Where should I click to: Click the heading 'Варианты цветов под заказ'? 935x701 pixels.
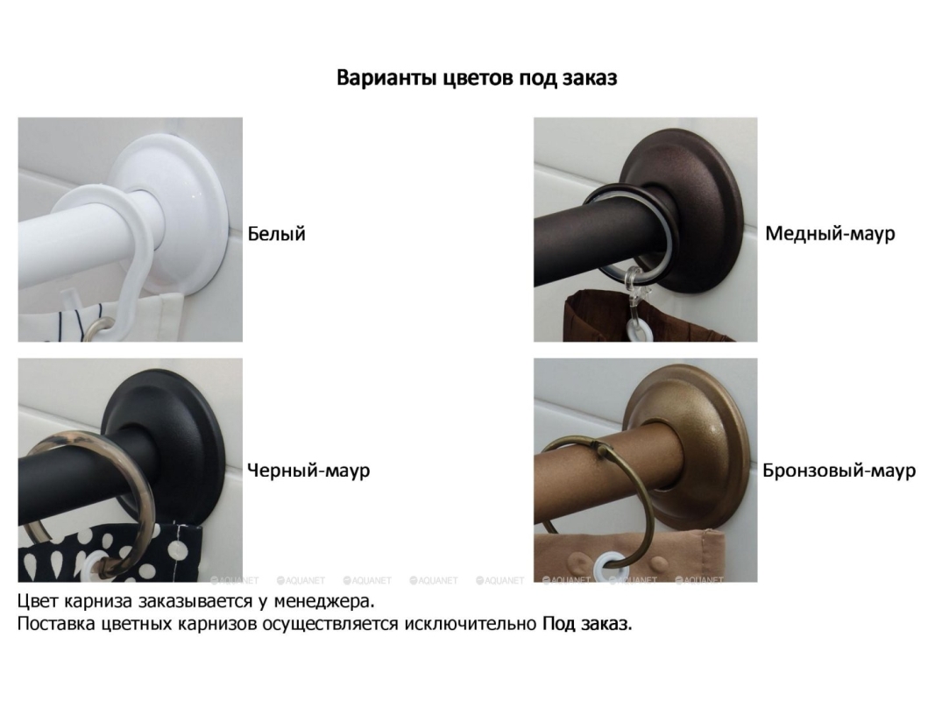[477, 78]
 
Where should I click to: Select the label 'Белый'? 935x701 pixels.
[277, 234]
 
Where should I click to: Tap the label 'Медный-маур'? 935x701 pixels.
[830, 234]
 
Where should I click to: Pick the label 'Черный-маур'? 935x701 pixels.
[308, 471]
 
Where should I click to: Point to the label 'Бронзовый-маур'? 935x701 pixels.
[839, 471]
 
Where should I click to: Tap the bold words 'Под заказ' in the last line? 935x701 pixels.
[587, 624]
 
